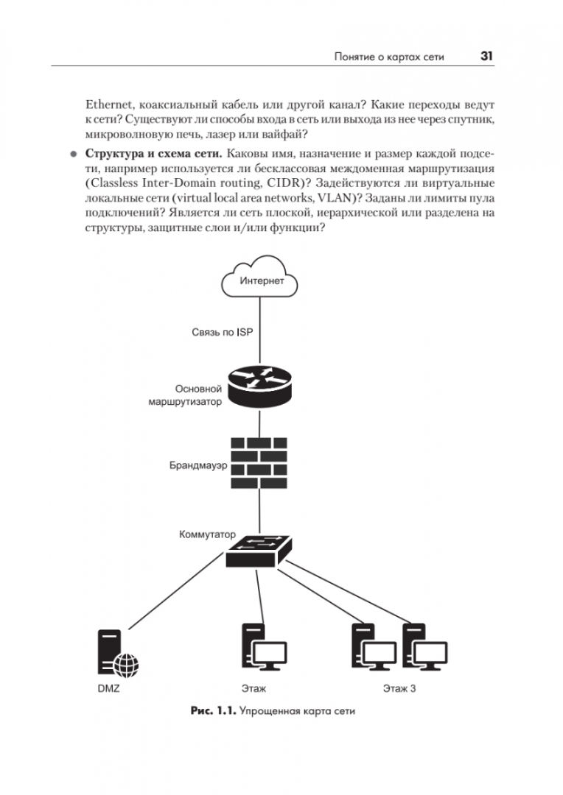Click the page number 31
(x=486, y=56)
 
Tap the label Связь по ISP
(x=217, y=332)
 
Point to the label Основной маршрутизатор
(x=189, y=395)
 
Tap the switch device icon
(x=259, y=550)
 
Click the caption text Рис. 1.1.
(x=211, y=711)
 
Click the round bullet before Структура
(x=72, y=155)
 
